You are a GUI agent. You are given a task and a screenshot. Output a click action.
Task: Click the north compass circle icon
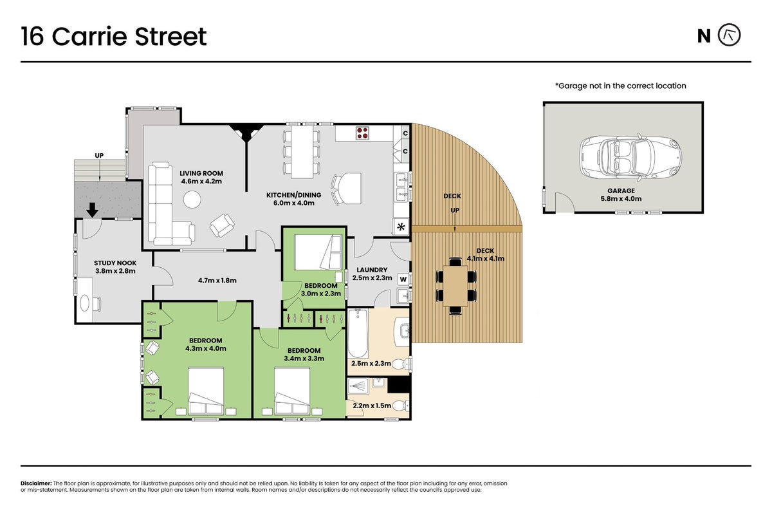point(729,35)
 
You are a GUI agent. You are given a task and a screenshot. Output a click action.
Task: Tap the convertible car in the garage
point(630,157)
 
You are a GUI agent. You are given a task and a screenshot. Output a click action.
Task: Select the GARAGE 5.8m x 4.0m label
point(621,194)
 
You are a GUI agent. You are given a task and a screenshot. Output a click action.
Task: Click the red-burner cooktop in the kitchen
point(362,133)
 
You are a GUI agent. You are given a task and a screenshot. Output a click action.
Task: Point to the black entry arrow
point(92,210)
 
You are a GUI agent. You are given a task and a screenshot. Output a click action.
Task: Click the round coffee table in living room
point(192,200)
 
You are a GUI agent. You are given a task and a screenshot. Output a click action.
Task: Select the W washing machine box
point(403,279)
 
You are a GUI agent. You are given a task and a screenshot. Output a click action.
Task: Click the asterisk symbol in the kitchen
point(401,227)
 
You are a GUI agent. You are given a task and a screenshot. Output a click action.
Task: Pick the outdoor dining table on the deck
point(455,286)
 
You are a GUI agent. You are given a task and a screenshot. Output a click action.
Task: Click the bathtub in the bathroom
point(358,333)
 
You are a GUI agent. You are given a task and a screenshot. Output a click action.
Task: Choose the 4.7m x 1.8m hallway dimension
point(217,281)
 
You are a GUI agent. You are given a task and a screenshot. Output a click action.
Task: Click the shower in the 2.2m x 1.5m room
point(358,386)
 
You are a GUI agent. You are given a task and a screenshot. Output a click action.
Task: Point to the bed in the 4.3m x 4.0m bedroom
point(206,391)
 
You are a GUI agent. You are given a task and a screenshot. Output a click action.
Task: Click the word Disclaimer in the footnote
point(36,483)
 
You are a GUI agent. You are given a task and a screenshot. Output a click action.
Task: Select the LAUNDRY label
point(372,270)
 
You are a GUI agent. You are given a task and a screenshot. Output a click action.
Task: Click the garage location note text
point(620,86)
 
